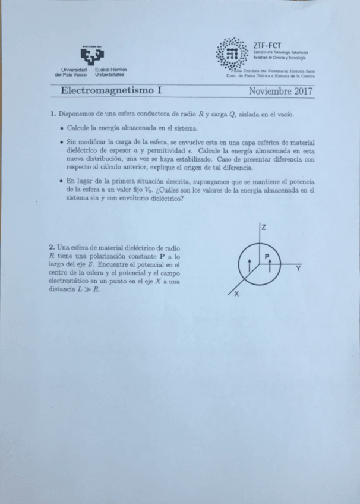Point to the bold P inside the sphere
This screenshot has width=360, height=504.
pyautogui.click(x=267, y=256)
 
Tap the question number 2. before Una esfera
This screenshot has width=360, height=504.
pyautogui.click(x=53, y=247)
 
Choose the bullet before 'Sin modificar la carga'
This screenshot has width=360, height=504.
pyautogui.click(x=62, y=143)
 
